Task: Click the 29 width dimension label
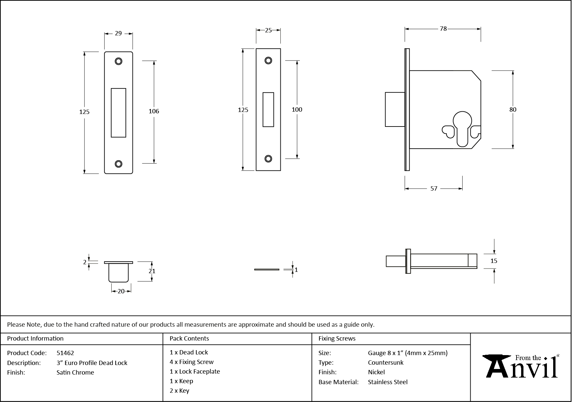[118, 33]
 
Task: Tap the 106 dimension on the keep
[154, 111]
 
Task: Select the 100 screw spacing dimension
[297, 109]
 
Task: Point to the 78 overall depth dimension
[443, 29]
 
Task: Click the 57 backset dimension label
[434, 189]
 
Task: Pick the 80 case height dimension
[513, 109]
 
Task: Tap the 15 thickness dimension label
[494, 261]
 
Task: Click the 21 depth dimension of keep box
[152, 271]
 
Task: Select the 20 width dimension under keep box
[121, 291]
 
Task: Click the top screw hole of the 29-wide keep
[119, 61]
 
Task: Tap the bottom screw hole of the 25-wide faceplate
[268, 159]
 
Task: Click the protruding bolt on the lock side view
[395, 109]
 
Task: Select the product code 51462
[65, 353]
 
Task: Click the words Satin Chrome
[75, 372]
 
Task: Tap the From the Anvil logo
[521, 366]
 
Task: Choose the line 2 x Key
[179, 391]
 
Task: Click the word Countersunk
[385, 362]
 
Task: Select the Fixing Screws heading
[337, 339]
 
